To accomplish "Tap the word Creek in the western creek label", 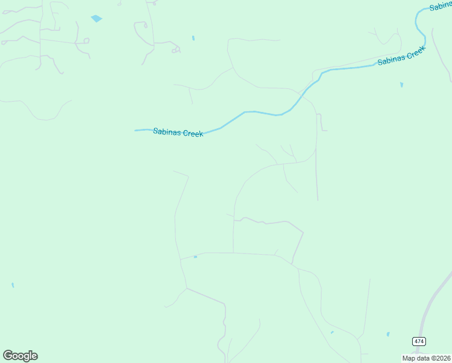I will coord(193,134).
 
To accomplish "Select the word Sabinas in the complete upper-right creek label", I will coord(391,60).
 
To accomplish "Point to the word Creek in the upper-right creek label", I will coord(416,53).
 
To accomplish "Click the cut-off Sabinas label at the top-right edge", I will coord(441,7).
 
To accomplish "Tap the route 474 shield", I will coord(419,342).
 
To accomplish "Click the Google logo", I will coord(20,356).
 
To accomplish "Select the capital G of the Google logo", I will coord(8,356).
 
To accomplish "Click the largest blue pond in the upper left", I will coord(96,19).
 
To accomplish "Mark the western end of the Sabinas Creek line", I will coord(136,130).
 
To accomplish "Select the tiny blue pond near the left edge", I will coord(13,285).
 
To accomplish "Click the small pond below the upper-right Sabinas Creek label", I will coord(401,85).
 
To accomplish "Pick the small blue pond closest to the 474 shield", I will coord(388,334).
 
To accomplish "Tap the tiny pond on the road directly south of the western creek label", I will coord(195,257).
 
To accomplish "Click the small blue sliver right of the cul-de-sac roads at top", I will coord(193,38).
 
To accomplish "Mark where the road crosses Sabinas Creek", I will coord(300,94).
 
